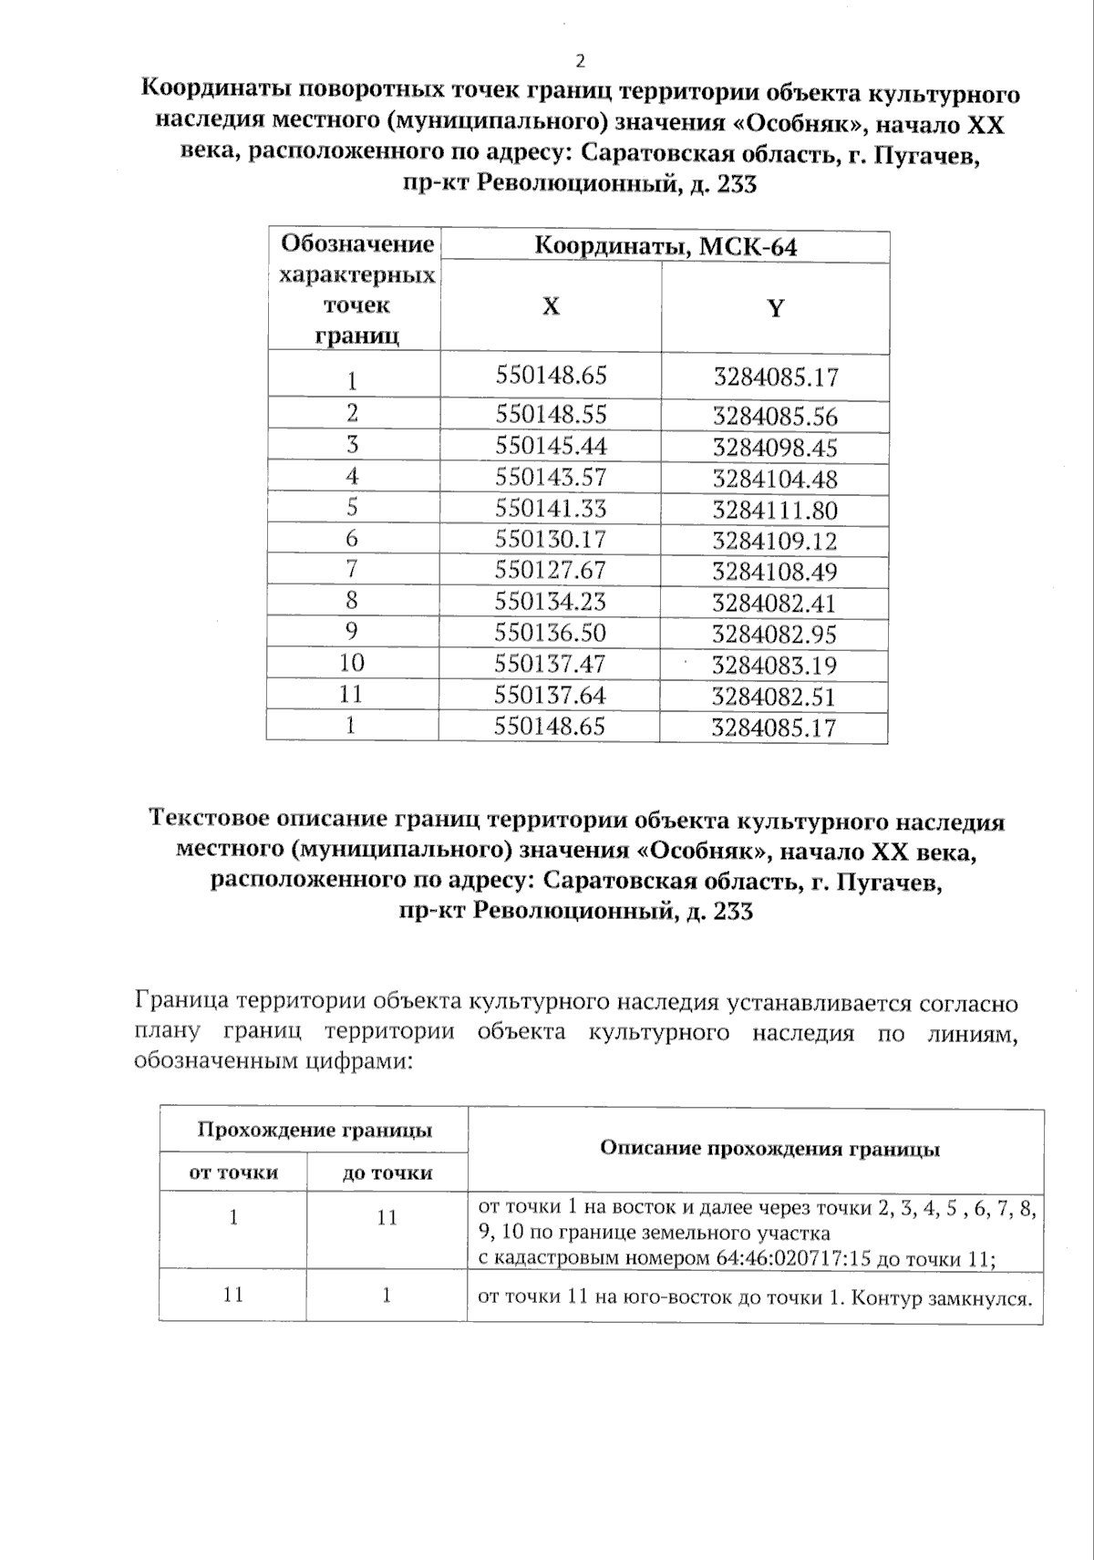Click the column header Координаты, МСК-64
click(666, 247)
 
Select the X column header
click(551, 306)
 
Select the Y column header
click(775, 308)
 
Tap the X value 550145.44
click(551, 446)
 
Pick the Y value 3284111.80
click(775, 510)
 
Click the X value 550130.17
click(551, 539)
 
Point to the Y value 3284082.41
click(775, 604)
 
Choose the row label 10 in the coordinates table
click(352, 663)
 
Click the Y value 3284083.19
click(775, 666)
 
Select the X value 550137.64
click(551, 696)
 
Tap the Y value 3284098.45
click(775, 449)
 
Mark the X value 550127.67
click(551, 570)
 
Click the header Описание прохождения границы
click(769, 1149)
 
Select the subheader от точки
click(233, 1173)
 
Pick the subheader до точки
click(387, 1173)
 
